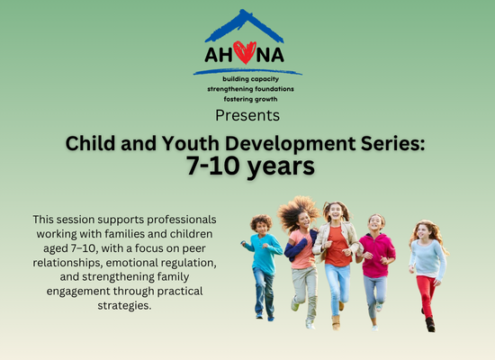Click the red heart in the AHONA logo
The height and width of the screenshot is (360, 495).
pos(245,52)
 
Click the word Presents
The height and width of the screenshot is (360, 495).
pos(247,115)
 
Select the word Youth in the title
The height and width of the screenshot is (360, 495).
pos(191,143)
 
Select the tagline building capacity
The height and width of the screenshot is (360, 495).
pos(251,79)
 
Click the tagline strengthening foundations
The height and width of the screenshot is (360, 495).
pos(251,89)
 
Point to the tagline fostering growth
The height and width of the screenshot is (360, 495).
pos(251,99)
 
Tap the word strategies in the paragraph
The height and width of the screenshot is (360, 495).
pos(125,306)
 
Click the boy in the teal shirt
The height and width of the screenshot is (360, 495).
pos(263,266)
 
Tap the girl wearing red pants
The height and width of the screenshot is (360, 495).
pos(428,274)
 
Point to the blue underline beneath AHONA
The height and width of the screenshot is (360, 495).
pos(247,72)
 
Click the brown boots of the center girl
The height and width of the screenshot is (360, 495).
pos(337,318)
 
